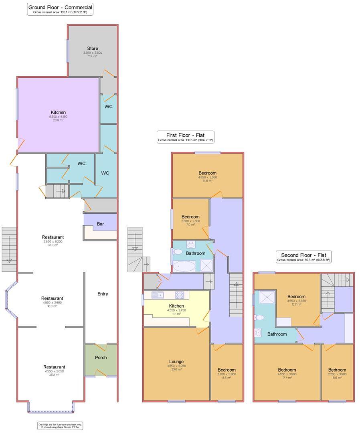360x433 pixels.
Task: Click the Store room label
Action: tap(93, 49)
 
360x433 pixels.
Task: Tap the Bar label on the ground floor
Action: tap(100, 224)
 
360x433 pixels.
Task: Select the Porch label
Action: tap(101, 357)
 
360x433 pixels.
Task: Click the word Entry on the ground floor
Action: tap(103, 294)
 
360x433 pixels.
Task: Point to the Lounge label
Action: tap(176, 362)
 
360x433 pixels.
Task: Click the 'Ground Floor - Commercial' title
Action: tap(60, 7)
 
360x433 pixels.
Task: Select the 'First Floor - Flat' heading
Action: tap(185, 135)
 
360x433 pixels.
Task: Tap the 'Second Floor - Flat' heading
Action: tap(303, 255)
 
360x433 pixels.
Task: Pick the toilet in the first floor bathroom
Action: tap(178, 252)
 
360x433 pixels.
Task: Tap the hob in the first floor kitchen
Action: tap(179, 295)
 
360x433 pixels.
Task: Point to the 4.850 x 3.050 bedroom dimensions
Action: tap(207, 177)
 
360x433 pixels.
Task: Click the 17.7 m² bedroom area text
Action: tap(287, 377)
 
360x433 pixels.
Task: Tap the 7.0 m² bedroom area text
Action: tap(190, 225)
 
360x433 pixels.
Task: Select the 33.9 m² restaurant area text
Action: tap(53, 245)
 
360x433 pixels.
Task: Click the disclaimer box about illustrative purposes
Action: tap(60, 425)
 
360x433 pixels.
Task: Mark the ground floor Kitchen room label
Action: tap(59, 112)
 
